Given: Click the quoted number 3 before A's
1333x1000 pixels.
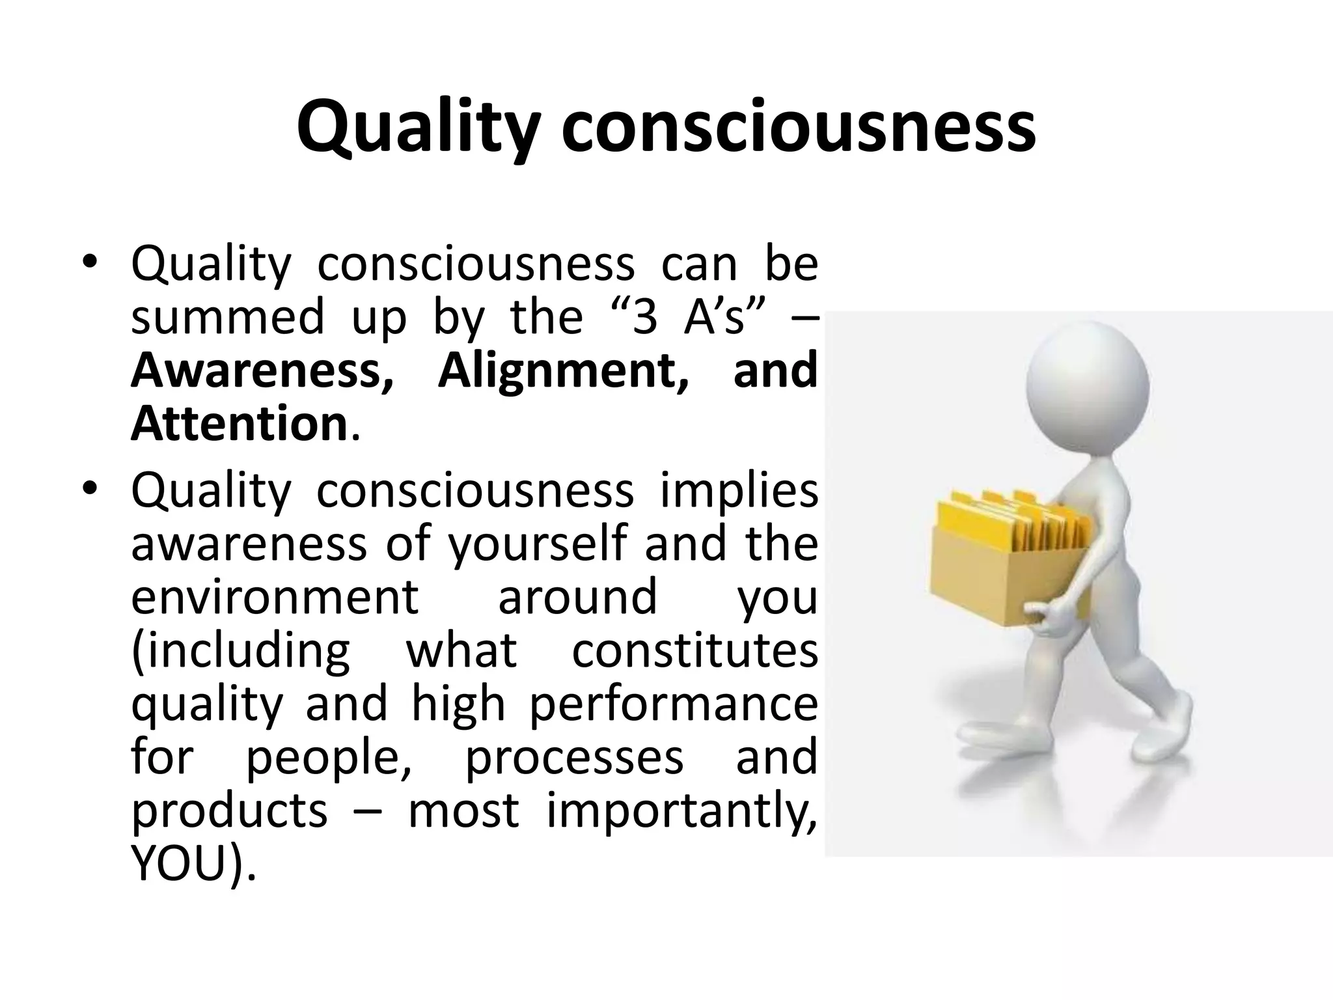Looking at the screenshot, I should point(644,318).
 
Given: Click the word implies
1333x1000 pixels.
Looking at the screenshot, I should point(739,492).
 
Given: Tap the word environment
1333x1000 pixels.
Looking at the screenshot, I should point(275,597).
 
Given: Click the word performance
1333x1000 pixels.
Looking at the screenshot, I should point(672,704).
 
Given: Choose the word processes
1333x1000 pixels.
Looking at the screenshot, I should point(574,758).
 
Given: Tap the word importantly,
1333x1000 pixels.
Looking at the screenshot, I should point(681,811).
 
